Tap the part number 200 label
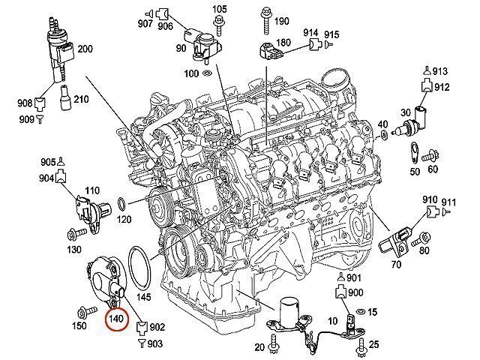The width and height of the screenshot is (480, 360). (85, 49)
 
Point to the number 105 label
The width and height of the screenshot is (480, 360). (219, 9)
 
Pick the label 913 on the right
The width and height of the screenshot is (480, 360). (439, 71)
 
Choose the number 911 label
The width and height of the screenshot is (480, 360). (448, 202)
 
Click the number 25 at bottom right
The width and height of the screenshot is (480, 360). (375, 344)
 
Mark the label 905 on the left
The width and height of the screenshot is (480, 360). (49, 162)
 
